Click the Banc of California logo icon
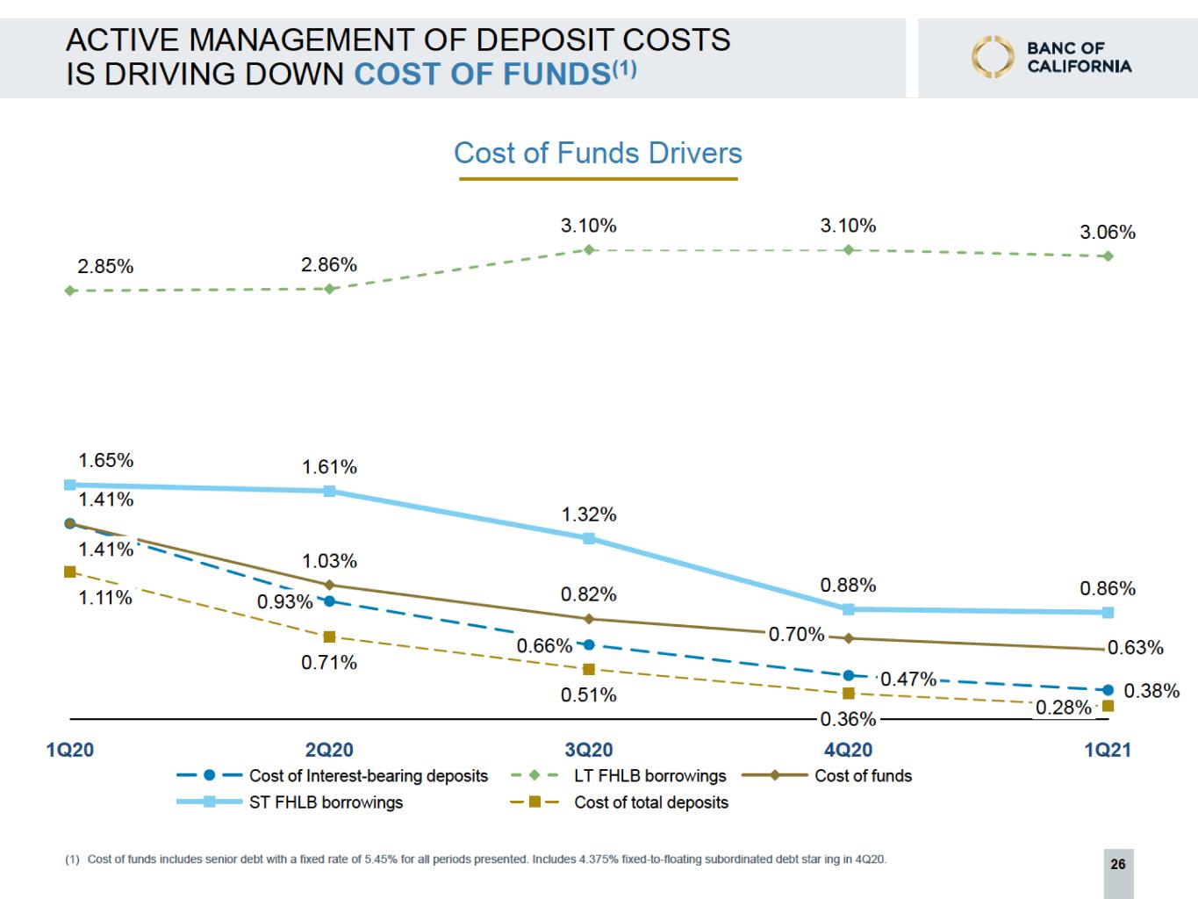coord(992,56)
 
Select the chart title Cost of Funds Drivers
coord(598,154)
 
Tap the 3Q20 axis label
coord(588,750)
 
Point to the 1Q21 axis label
coord(1107,750)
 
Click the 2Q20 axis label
coord(329,750)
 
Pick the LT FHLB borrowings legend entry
coord(649,776)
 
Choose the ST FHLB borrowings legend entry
coord(326,802)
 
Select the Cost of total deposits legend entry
coord(650,802)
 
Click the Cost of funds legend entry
coord(863,776)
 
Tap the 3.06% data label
coord(1107,233)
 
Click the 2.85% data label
coord(105,267)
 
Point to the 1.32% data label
coord(589,514)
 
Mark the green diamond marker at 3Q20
coord(589,250)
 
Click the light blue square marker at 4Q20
coord(848,608)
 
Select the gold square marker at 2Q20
coord(329,636)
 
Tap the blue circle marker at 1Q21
coord(1108,690)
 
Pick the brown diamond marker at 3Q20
coord(589,619)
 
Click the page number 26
coord(1117,865)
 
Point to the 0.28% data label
coord(1064,708)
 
